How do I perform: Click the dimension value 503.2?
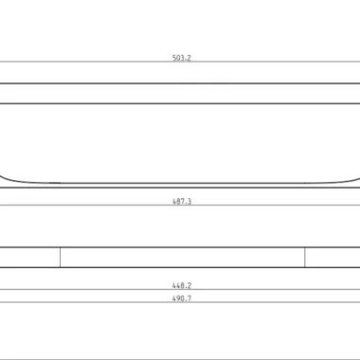coord(182,58)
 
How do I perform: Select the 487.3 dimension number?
coord(182,201)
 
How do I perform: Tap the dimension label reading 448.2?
coord(182,285)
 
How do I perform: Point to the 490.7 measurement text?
coord(182,298)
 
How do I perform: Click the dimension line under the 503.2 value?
coord(180,62)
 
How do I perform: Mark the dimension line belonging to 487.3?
coord(180,205)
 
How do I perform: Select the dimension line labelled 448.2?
coord(180,289)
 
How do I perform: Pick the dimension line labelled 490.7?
coord(180,302)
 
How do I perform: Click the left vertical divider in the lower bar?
coord(60,258)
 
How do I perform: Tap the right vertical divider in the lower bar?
coord(305,258)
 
